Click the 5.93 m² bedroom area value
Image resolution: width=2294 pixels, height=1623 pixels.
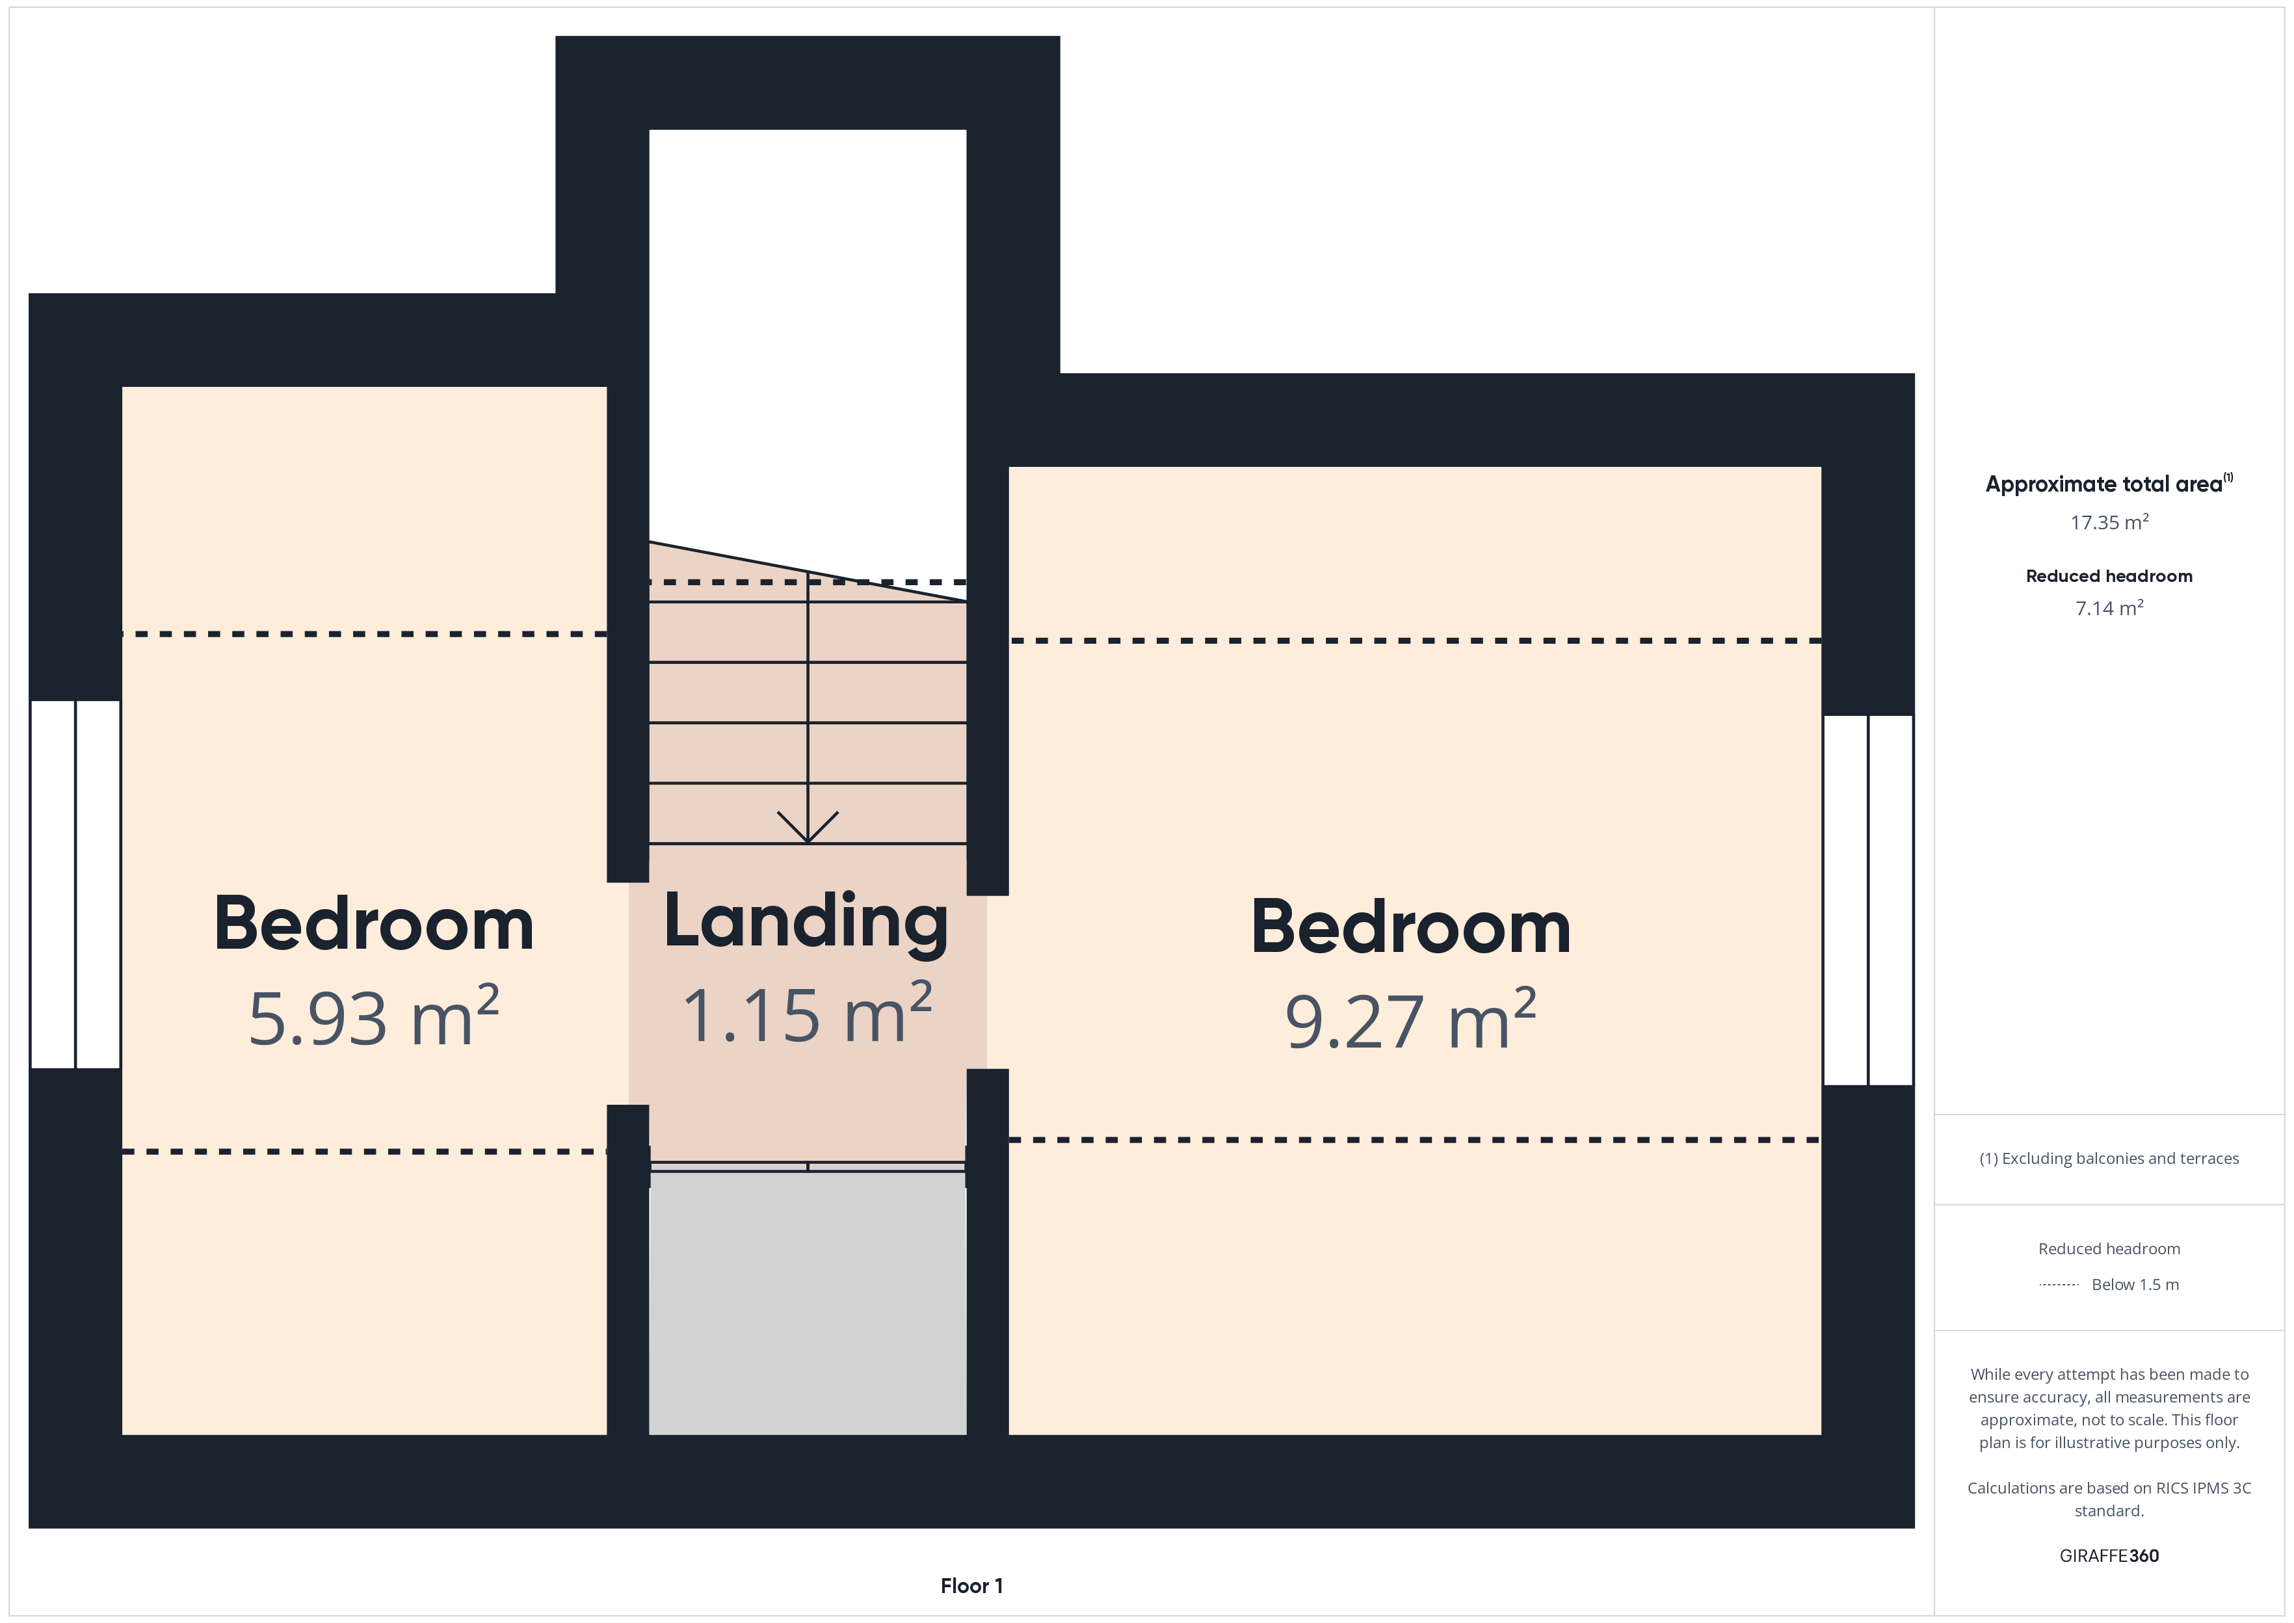(x=374, y=1016)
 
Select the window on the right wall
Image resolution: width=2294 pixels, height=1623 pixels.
(x=1868, y=899)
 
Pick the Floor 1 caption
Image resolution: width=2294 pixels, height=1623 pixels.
(x=971, y=1586)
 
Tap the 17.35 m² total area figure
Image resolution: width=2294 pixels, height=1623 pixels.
(x=2109, y=521)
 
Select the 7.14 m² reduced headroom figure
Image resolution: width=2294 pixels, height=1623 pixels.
(x=2109, y=607)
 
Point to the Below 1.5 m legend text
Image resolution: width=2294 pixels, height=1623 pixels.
(x=2135, y=1286)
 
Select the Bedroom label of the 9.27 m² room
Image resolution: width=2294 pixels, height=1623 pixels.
(x=1411, y=927)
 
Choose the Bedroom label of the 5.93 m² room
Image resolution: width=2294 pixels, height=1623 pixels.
(x=374, y=923)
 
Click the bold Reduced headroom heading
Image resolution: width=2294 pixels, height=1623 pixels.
(x=2109, y=575)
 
